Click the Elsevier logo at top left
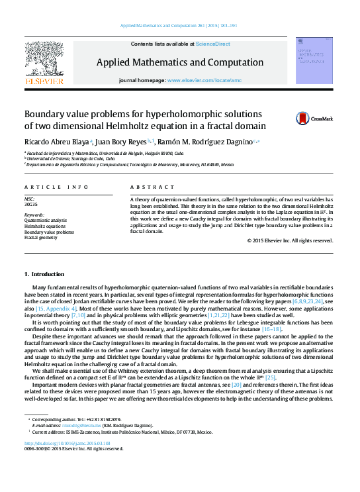coord(44,63)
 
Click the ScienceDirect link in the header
coord(213,44)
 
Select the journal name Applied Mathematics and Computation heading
coord(179,62)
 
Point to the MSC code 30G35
coord(30,204)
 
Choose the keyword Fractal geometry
coord(41,238)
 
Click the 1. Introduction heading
coord(44,274)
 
